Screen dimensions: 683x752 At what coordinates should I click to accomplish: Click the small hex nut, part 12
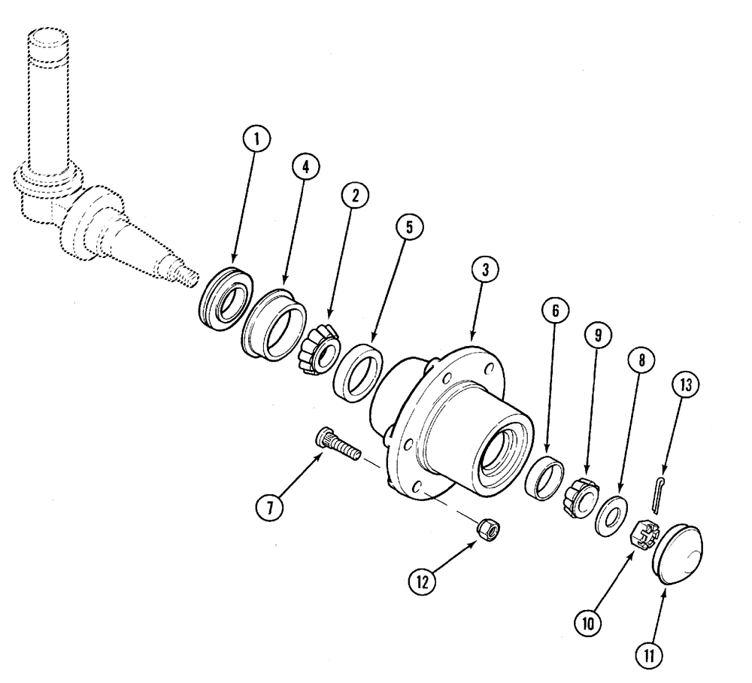coord(490,530)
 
